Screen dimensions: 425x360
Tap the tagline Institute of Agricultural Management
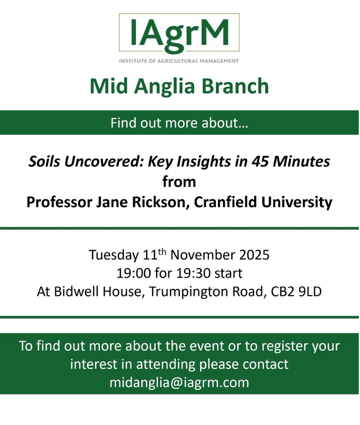pos(179,61)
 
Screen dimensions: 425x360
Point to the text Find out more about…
pos(179,123)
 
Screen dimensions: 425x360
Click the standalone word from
pos(179,182)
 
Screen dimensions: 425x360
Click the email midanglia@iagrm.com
pos(179,382)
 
